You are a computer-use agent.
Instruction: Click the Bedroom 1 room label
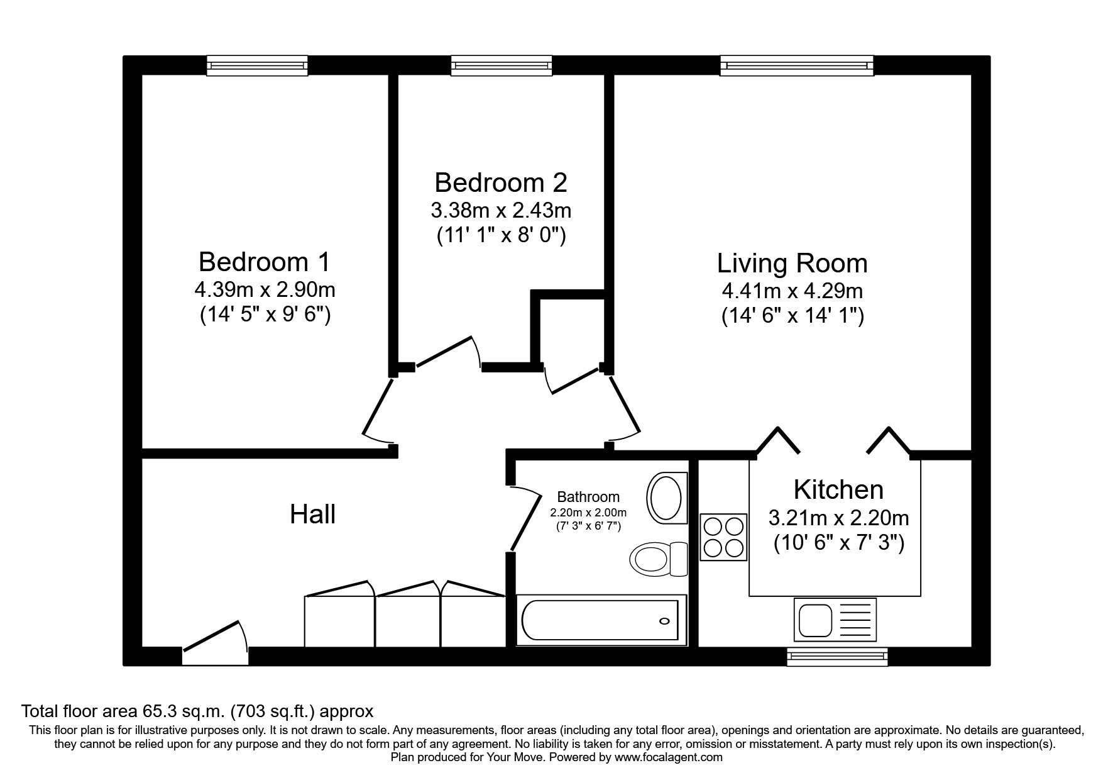(x=265, y=261)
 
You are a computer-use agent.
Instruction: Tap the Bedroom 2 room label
(x=501, y=182)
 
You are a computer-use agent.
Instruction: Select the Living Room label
(x=792, y=264)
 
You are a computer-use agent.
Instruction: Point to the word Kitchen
(x=838, y=489)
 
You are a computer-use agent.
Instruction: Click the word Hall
(x=312, y=515)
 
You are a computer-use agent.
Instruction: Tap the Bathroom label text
(x=588, y=497)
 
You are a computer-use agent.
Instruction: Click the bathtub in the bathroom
(x=600, y=620)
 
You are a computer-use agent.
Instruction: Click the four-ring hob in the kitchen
(x=723, y=537)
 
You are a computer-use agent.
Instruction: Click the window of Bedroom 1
(x=258, y=65)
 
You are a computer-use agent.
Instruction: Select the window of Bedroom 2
(x=502, y=65)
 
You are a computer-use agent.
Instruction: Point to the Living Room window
(x=797, y=65)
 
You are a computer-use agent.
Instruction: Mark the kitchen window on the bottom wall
(x=838, y=657)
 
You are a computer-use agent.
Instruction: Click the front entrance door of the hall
(x=215, y=643)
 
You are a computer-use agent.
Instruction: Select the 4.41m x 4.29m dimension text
(x=792, y=291)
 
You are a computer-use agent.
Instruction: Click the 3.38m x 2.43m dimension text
(x=501, y=209)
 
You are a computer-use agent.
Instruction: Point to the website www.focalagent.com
(x=669, y=757)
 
